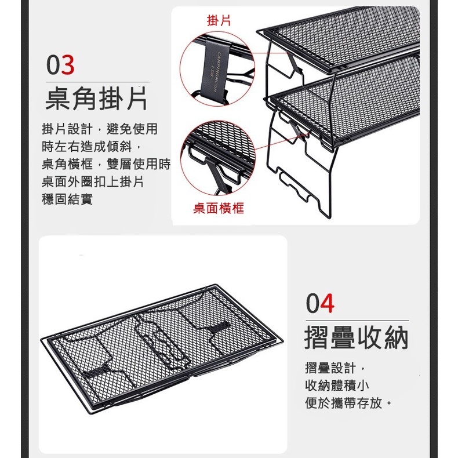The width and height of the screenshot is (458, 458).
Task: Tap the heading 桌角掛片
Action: [96, 99]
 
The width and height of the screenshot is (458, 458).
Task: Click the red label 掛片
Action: [219, 21]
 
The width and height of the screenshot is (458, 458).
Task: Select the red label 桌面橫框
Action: [219, 208]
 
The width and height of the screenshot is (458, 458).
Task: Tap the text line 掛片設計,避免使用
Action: [100, 129]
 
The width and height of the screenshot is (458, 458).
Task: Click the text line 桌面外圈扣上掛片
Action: [93, 182]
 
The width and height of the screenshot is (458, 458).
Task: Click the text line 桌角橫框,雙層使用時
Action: [106, 165]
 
